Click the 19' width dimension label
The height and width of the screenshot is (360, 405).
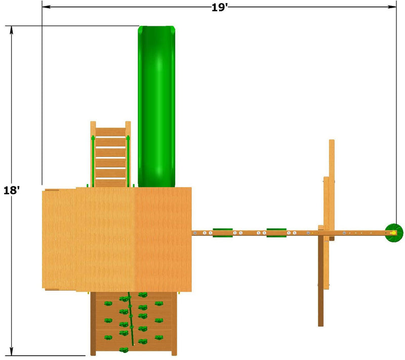(x=219, y=7)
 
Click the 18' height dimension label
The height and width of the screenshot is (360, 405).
(x=12, y=190)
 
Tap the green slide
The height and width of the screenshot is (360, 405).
(x=156, y=106)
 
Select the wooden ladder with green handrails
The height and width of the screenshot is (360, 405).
(x=110, y=154)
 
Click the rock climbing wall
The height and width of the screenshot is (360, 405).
(x=134, y=324)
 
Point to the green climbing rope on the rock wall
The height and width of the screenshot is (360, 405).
(x=131, y=318)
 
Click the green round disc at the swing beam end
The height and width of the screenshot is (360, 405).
(x=394, y=233)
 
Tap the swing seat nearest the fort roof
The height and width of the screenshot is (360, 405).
(x=223, y=233)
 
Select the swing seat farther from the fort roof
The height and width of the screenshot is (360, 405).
(x=276, y=233)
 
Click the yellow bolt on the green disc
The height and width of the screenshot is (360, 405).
(x=393, y=233)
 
